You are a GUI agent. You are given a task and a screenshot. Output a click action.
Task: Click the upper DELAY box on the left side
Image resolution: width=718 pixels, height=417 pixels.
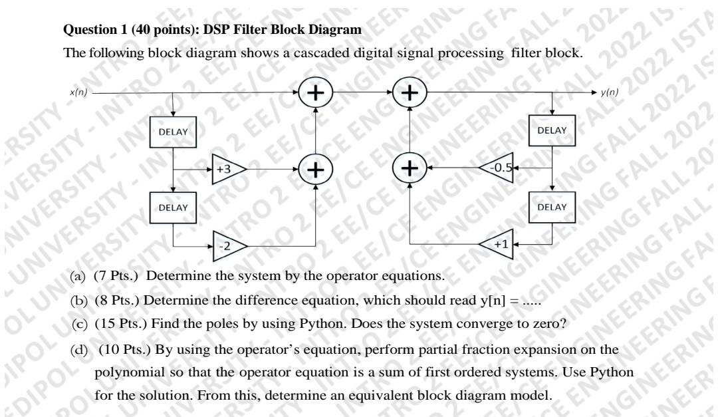click(x=174, y=132)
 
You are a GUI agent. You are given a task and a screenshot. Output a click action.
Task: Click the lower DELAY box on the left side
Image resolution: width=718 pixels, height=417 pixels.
click(x=174, y=208)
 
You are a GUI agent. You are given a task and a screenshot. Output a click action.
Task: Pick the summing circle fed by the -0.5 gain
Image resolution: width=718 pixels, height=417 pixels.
click(x=411, y=169)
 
